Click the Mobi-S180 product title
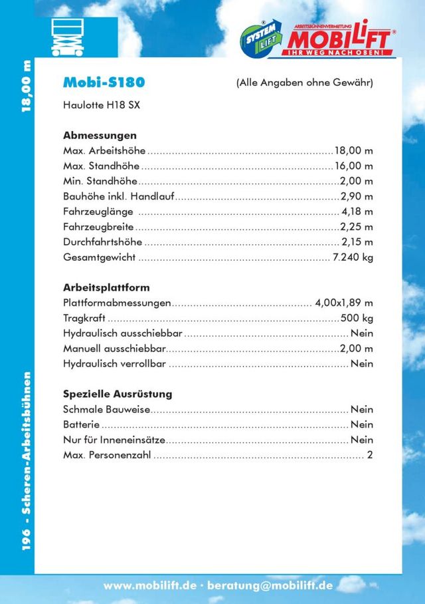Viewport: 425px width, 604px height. tap(104, 82)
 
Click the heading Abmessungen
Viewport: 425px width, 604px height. tap(100, 135)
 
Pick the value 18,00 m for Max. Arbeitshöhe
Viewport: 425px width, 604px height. tap(353, 151)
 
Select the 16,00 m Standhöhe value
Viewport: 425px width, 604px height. tap(353, 166)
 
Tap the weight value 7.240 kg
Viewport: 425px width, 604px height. tap(353, 257)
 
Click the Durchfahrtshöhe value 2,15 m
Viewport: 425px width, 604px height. tap(357, 241)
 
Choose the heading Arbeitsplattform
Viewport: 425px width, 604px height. tap(106, 288)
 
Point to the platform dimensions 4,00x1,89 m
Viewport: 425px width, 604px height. tap(344, 303)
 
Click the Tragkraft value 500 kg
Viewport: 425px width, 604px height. tap(357, 318)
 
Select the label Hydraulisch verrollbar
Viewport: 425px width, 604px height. tap(114, 364)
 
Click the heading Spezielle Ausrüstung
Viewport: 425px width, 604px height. tap(118, 394)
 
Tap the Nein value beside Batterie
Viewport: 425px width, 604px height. tap(362, 424)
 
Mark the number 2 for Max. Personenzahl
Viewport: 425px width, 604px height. tap(370, 455)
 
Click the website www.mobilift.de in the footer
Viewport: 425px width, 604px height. tap(150, 586)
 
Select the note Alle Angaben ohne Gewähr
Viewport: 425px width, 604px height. tap(304, 83)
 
